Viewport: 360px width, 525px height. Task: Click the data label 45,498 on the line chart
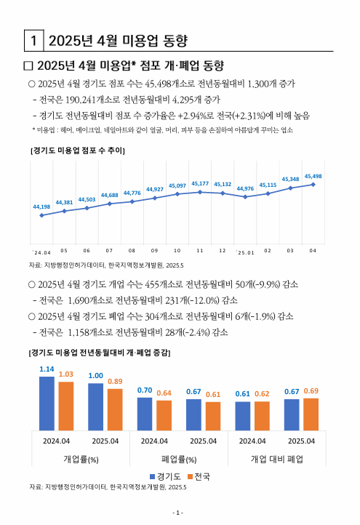(x=313, y=176)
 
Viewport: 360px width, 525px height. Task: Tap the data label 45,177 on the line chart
(x=200, y=183)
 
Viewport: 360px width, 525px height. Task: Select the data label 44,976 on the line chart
(x=245, y=188)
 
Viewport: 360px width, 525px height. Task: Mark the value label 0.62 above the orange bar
(x=262, y=393)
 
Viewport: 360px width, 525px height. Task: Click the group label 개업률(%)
(x=81, y=460)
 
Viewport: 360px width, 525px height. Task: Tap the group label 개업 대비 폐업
(x=276, y=460)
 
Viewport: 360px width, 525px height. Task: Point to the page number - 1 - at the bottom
(x=180, y=512)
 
